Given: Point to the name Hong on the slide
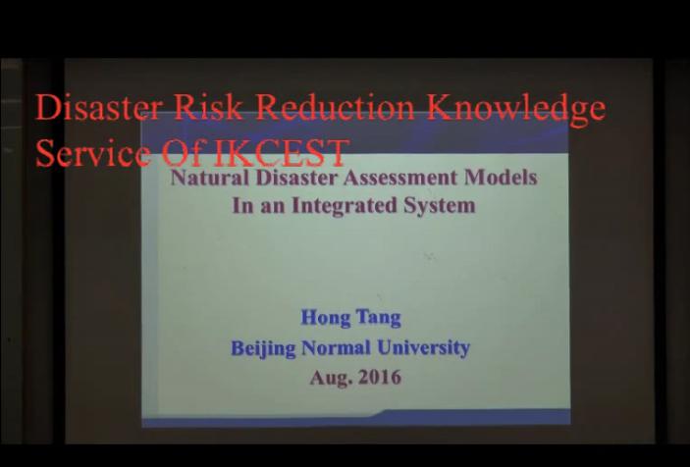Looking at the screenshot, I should pos(325,318).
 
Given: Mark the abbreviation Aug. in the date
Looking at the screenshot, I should pos(330,377).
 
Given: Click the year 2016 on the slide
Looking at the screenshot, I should pos(379,377).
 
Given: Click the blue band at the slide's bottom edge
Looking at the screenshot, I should pos(355,418).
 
